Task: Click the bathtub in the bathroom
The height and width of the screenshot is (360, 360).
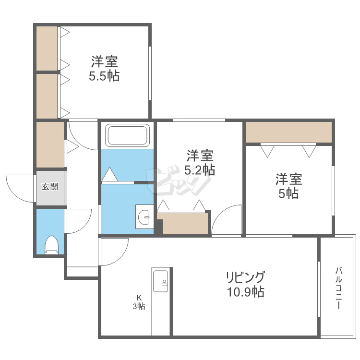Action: tap(127, 135)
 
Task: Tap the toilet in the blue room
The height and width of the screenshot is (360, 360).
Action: tap(51, 245)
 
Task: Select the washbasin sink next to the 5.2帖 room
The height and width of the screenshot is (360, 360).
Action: tap(144, 216)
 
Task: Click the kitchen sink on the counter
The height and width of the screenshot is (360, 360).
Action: tap(161, 281)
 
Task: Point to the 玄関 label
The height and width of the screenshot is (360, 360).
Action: tap(50, 187)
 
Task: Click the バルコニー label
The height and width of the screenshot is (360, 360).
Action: tap(339, 288)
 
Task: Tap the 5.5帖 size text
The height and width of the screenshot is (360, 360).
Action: tap(104, 76)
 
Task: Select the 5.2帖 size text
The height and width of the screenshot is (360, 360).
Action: tap(200, 170)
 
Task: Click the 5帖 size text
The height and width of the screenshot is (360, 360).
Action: tap(288, 193)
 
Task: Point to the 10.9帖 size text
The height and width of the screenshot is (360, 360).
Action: tap(246, 292)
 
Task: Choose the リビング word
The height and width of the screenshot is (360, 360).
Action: tap(246, 277)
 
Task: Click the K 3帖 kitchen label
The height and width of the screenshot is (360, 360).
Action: tap(139, 302)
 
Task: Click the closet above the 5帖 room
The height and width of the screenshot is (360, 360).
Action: tap(288, 132)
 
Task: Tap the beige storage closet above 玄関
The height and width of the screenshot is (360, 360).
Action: tap(50, 144)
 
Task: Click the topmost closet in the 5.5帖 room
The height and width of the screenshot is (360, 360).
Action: tap(47, 48)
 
